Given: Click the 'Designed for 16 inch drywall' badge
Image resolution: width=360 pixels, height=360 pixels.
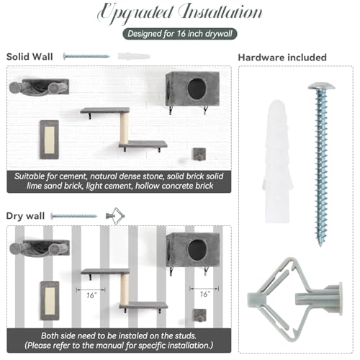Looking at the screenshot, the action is (180, 34).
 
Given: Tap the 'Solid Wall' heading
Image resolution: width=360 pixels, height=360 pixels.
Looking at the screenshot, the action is (30, 57).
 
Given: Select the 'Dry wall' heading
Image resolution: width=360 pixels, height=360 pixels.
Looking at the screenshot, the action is (25, 216).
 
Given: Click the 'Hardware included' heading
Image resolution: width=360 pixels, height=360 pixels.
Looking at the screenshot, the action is (282, 58).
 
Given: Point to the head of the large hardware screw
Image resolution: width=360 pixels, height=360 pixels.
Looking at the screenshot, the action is (321, 86).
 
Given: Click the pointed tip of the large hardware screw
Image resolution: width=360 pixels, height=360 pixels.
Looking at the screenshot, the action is (320, 246).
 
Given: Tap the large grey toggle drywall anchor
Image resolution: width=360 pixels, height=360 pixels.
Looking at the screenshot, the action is (294, 300).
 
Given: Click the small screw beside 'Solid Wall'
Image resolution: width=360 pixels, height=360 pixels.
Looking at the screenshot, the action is (86, 56).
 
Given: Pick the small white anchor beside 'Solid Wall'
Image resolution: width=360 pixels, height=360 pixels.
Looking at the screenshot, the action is (134, 57).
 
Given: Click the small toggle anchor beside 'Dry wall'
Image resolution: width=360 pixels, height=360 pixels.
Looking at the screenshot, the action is (115, 216).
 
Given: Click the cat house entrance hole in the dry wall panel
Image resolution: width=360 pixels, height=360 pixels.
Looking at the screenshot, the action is (197, 250).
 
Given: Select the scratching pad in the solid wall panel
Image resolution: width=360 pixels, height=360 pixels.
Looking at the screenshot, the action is (50, 140).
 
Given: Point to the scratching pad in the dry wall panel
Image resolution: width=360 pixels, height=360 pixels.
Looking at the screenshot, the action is (50, 301).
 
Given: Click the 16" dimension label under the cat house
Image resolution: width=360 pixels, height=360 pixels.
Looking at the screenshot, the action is (204, 294).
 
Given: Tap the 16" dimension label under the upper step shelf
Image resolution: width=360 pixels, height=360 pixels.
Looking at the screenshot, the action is (91, 295).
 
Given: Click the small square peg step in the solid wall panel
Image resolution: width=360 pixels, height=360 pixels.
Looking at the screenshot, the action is (199, 155).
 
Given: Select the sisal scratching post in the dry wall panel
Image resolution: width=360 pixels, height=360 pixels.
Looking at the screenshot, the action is (125, 289).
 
